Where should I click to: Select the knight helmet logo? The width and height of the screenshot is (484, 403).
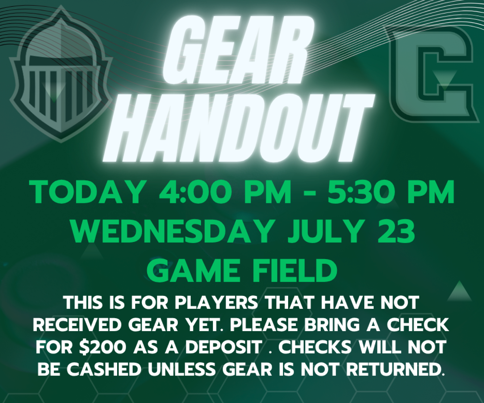click(61, 74)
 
